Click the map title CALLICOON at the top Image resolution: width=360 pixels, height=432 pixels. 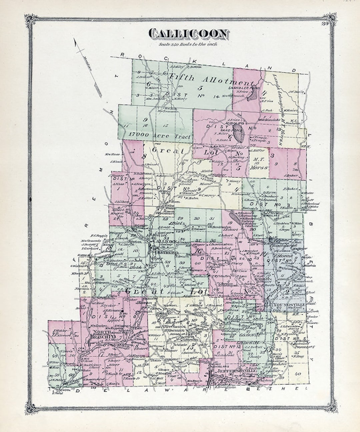click(x=189, y=34)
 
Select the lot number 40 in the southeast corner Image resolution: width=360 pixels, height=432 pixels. click(x=298, y=374)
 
